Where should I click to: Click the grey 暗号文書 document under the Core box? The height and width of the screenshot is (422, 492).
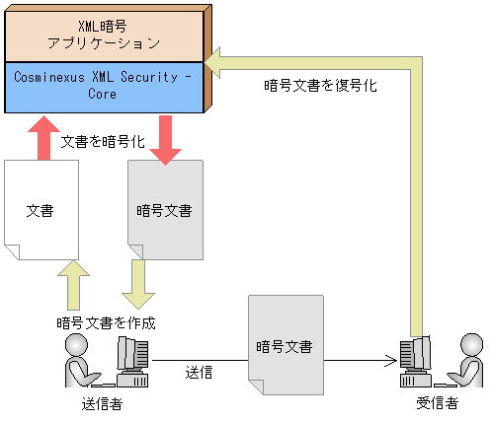164,209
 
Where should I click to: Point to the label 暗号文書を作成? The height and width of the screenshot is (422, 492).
106,321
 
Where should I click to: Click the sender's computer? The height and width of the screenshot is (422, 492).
132,362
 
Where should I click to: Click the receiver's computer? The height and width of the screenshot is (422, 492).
414,362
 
